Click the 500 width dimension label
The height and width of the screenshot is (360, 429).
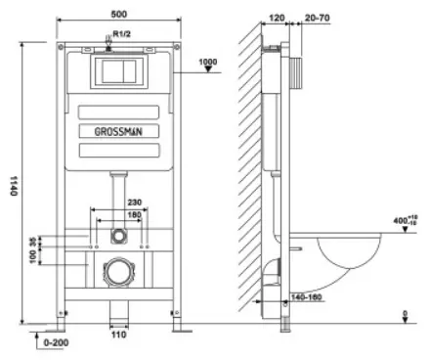click(x=119, y=14)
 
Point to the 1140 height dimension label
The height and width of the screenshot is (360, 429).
click(x=14, y=186)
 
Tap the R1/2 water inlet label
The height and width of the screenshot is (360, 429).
click(x=122, y=33)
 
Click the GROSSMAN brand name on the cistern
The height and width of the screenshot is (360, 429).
click(x=118, y=131)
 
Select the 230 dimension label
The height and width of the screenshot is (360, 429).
click(x=135, y=202)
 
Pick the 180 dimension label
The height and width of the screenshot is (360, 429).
click(x=135, y=214)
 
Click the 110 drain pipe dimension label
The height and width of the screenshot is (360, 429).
click(x=118, y=335)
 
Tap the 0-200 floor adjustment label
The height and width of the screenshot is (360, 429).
click(x=56, y=342)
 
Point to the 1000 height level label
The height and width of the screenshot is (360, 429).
click(x=208, y=62)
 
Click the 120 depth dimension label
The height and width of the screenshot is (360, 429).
click(x=277, y=18)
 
